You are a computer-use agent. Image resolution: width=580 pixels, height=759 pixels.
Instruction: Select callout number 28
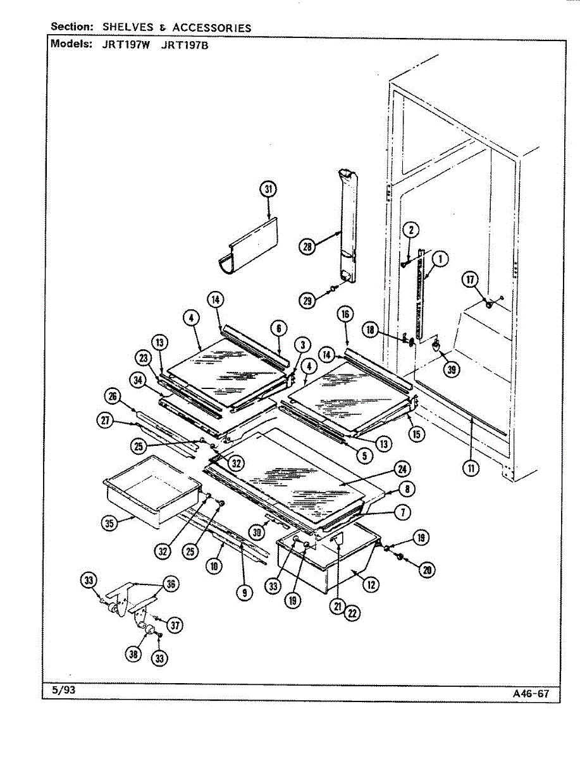click(307, 247)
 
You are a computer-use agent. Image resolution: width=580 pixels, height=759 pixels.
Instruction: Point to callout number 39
click(450, 371)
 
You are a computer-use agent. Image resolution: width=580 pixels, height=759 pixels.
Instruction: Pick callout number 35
click(111, 524)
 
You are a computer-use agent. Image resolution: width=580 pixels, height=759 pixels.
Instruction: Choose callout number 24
click(401, 469)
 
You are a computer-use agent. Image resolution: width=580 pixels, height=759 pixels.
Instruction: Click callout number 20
click(427, 570)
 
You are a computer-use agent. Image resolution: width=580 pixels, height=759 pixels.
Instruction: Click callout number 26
click(113, 397)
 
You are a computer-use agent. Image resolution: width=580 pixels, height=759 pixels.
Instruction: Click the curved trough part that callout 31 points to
click(250, 247)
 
